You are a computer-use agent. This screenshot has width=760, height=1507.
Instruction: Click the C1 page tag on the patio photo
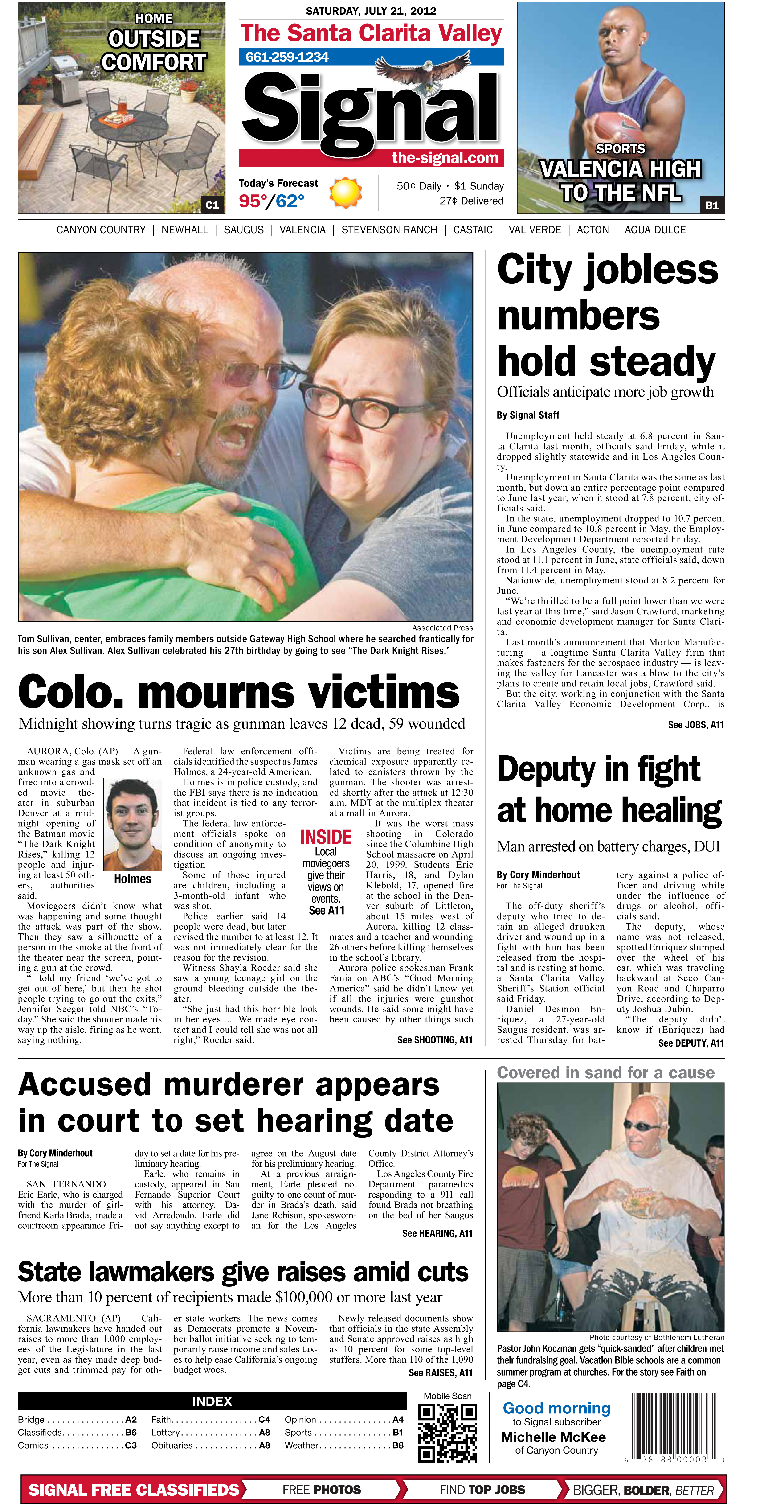click(212, 205)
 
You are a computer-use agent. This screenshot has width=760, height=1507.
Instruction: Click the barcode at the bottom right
click(673, 1426)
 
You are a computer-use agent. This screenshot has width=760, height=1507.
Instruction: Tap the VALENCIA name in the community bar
click(302, 230)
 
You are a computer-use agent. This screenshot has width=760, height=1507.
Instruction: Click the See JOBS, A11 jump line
click(696, 725)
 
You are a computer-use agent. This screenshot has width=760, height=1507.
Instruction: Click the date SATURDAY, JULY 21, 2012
click(371, 11)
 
